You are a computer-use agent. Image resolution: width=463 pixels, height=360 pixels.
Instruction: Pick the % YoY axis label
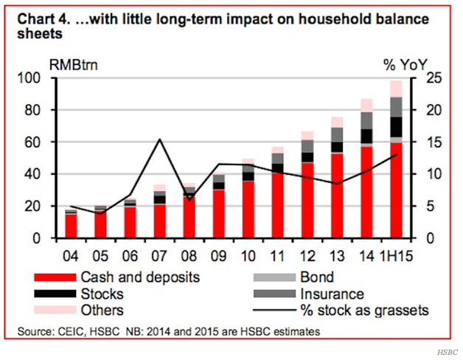[405, 63]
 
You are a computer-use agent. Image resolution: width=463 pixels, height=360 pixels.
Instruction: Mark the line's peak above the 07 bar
[160, 139]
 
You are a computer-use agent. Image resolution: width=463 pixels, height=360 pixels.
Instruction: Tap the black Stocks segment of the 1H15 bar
[397, 127]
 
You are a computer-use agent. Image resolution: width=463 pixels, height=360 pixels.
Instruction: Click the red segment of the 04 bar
[71, 226]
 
